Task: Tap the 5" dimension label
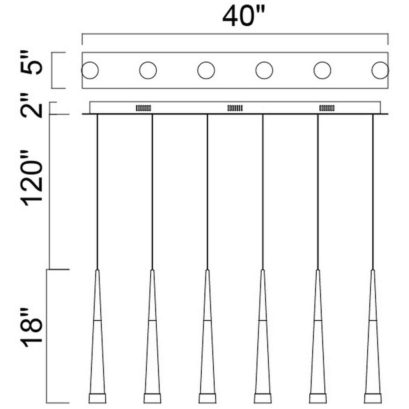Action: (x=31, y=62)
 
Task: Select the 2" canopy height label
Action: (x=31, y=105)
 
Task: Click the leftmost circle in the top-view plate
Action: (x=90, y=70)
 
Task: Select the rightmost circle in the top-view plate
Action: (x=380, y=70)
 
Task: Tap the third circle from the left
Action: (x=206, y=70)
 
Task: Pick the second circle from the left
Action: (x=148, y=70)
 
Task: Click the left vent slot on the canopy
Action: (x=143, y=108)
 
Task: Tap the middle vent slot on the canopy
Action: (x=235, y=108)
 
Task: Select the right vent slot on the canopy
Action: (x=327, y=108)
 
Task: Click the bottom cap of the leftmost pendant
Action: (x=97, y=398)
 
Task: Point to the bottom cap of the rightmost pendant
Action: (x=373, y=398)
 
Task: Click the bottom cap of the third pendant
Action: (x=207, y=398)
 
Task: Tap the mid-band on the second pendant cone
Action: (x=152, y=320)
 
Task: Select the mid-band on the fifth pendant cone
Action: (x=318, y=320)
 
